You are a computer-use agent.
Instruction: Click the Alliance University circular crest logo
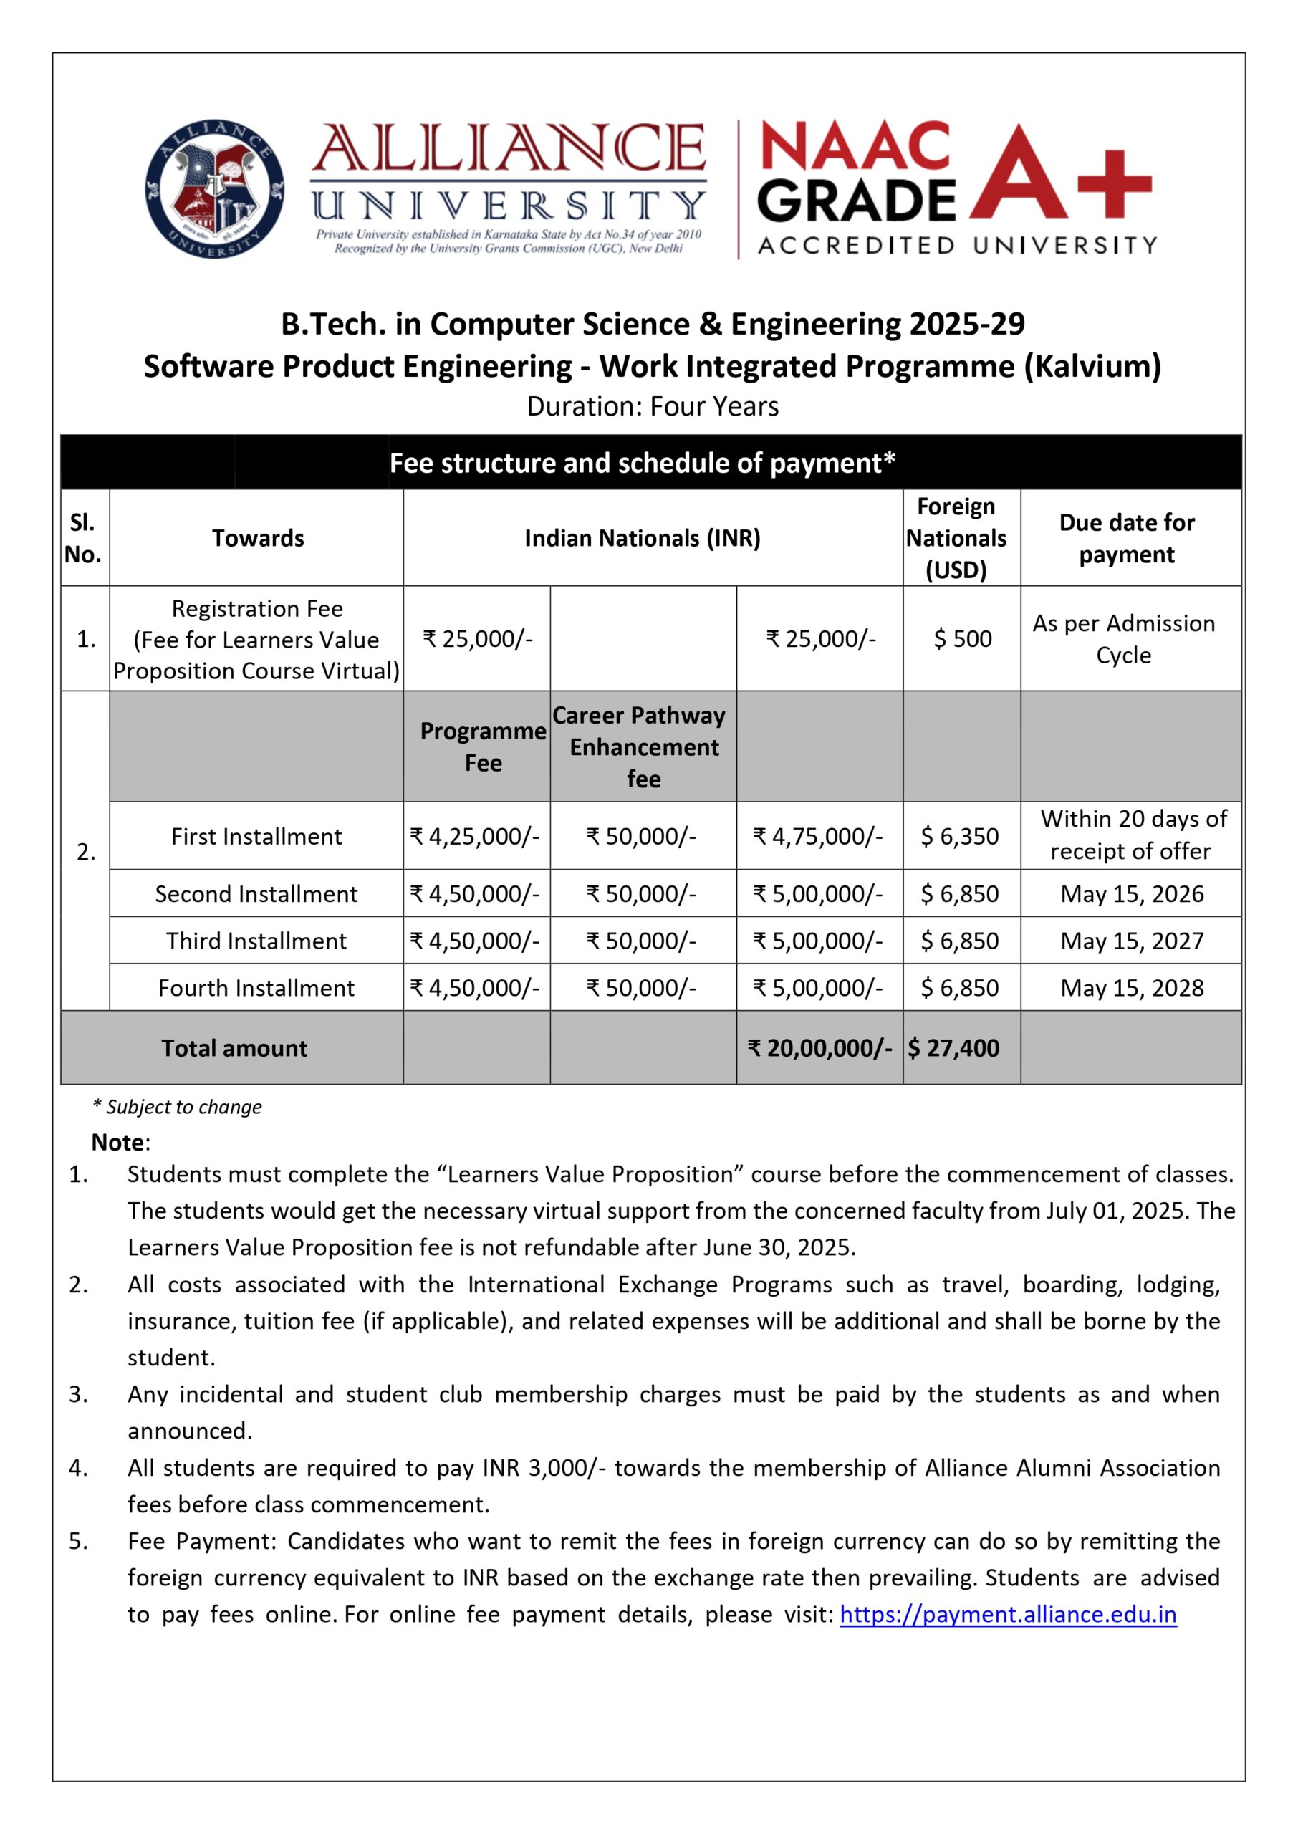click(214, 189)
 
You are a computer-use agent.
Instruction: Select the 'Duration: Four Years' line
click(652, 407)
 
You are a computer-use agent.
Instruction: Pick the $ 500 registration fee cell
click(962, 638)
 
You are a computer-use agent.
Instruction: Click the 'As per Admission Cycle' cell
click(1124, 638)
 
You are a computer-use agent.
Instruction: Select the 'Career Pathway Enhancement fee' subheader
click(643, 746)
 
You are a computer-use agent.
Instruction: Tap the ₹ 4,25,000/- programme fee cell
click(475, 836)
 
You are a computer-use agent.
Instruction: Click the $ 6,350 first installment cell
click(959, 836)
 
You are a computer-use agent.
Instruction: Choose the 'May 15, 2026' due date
click(1132, 893)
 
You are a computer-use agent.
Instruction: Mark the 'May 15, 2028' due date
click(1132, 988)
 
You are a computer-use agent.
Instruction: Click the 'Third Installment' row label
click(256, 941)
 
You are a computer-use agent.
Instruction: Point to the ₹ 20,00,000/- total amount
click(819, 1047)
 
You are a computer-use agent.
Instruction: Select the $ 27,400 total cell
click(953, 1047)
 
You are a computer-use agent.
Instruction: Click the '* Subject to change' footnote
click(178, 1107)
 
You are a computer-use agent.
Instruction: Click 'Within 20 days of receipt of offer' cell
click(1132, 835)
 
